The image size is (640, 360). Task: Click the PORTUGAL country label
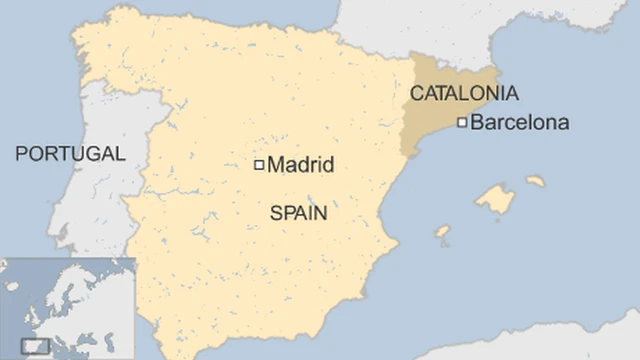click(x=70, y=153)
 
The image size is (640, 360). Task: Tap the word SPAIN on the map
click(x=298, y=213)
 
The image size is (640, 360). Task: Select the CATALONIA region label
click(x=464, y=93)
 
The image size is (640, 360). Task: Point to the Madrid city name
click(x=301, y=165)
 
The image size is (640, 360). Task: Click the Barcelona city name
click(x=519, y=123)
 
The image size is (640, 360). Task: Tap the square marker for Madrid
click(x=259, y=165)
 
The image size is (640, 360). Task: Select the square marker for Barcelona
click(x=462, y=123)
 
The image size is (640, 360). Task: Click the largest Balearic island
click(x=495, y=199)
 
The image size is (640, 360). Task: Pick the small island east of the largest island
click(x=536, y=182)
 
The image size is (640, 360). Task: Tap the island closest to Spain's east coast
click(x=442, y=232)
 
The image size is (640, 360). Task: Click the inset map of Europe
click(x=66, y=308)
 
